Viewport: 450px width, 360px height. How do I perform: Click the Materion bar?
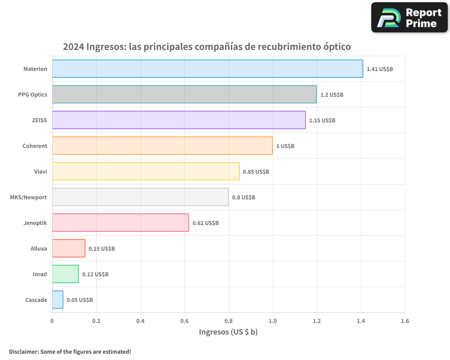207,69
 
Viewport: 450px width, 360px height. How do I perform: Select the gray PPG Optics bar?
184,94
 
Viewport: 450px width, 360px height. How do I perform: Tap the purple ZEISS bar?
179,120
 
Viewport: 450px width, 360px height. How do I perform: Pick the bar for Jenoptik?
120,223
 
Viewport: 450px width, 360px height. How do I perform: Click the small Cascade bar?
58,300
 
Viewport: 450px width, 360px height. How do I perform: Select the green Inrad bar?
65,274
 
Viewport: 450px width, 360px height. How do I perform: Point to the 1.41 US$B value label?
380,69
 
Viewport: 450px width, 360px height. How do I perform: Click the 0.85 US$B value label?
256,172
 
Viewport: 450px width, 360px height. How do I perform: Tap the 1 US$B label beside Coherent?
285,146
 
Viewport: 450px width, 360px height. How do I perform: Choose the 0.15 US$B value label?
102,249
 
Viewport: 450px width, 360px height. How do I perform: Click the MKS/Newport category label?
28,197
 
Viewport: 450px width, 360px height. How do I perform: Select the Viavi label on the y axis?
40,171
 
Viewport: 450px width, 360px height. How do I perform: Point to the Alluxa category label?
39,248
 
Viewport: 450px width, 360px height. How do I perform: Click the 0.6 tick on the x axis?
184,321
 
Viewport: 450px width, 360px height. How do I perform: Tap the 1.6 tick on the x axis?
405,321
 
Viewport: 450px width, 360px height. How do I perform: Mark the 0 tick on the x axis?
52,321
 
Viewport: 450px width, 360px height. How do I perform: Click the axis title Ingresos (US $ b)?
228,332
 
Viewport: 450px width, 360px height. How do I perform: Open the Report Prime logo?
409,18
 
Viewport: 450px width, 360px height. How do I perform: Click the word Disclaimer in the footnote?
23,352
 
